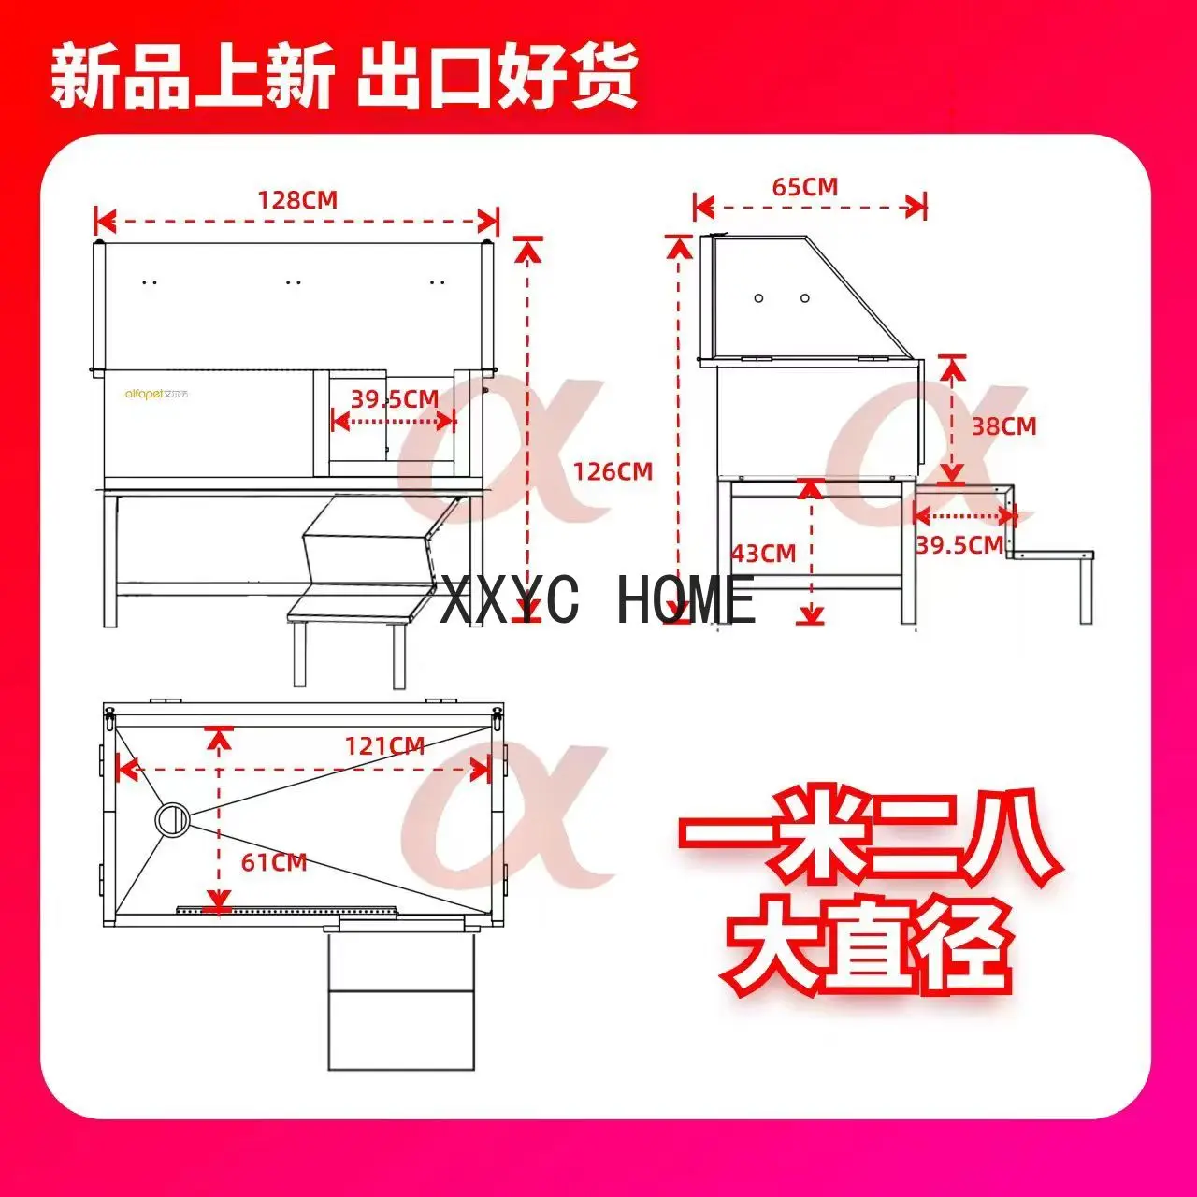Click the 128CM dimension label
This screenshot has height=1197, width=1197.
click(297, 200)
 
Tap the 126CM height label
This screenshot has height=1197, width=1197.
click(613, 471)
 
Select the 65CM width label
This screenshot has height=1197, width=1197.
click(804, 187)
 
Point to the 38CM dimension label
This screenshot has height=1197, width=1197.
click(1003, 426)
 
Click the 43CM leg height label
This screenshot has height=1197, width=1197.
click(763, 554)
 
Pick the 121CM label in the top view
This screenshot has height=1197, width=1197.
click(384, 746)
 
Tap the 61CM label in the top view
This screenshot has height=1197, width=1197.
click(274, 862)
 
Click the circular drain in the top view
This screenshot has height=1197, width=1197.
click(173, 818)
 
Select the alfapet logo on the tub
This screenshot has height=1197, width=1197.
click(157, 394)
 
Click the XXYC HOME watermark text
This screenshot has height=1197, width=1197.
click(598, 600)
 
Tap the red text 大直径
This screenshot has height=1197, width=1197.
click(869, 945)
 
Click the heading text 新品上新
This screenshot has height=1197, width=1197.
click(192, 78)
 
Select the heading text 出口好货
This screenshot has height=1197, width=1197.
click(497, 78)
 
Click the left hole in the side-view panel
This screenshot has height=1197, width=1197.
click(759, 298)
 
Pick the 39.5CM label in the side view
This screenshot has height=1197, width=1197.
click(959, 544)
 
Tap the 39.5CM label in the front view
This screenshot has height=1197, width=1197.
click(395, 399)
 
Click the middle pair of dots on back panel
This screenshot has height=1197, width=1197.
click(294, 281)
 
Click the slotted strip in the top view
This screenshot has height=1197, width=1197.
click(286, 908)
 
